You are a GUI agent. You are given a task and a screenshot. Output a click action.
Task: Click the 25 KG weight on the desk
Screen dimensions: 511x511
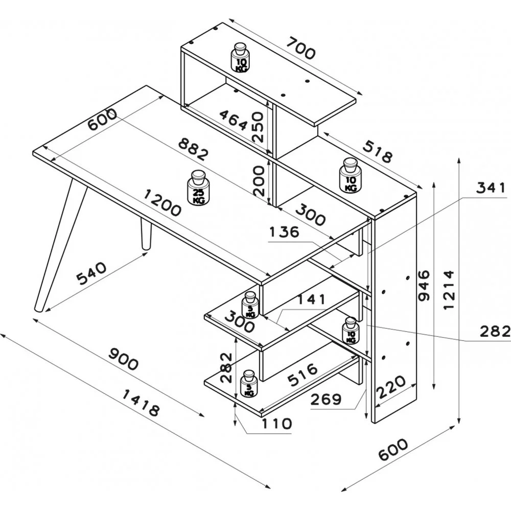197,189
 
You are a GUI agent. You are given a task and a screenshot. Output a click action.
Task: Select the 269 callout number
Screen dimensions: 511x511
326,399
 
